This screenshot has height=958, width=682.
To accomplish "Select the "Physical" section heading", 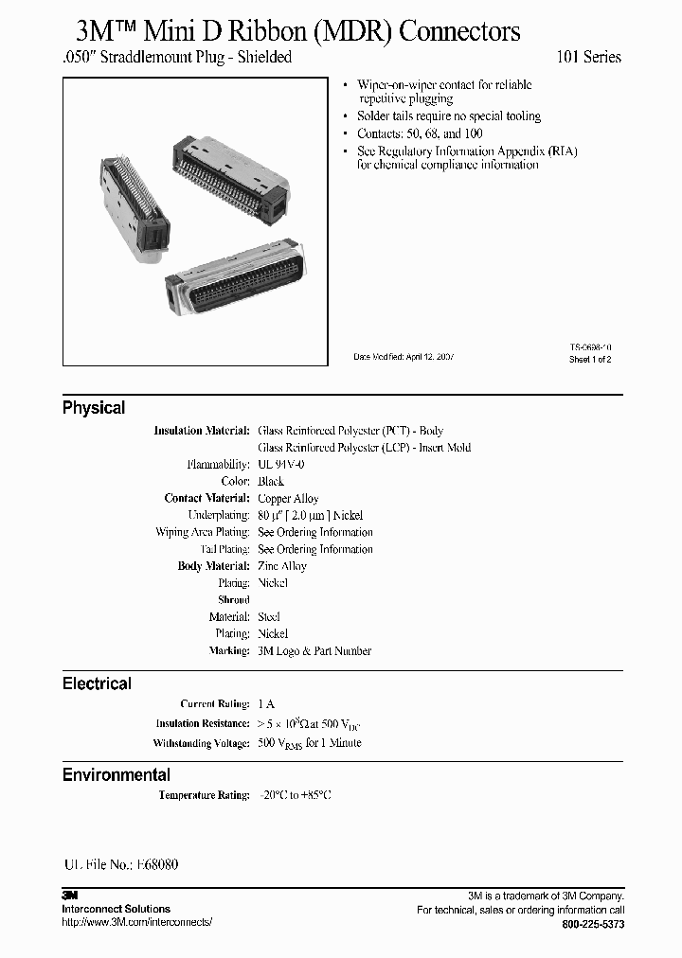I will (94, 408).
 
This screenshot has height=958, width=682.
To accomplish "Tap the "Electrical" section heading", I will (97, 683).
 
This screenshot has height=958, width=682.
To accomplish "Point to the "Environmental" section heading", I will (117, 775).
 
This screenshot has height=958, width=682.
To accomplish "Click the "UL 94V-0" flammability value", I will (281, 465).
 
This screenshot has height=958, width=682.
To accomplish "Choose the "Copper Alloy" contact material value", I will (288, 499).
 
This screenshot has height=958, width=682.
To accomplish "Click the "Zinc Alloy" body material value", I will (282, 566).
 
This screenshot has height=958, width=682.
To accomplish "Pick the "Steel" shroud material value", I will (269, 617).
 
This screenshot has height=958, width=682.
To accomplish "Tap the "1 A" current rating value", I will (266, 704).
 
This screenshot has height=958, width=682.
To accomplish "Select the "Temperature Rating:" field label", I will (204, 796).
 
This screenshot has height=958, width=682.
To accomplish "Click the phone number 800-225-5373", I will (593, 924).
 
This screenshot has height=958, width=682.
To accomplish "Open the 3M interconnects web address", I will (137, 922).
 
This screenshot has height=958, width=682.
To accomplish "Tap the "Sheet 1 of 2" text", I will (590, 360).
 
